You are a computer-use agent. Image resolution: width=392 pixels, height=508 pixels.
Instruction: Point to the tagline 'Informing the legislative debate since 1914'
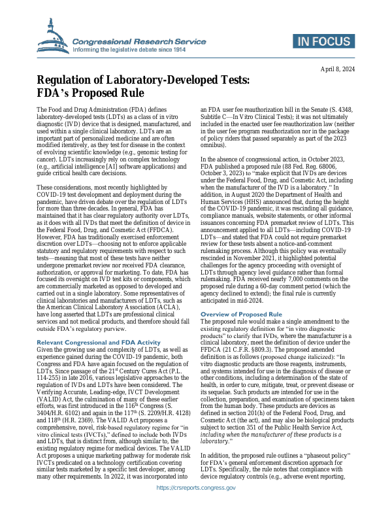(130, 48)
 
